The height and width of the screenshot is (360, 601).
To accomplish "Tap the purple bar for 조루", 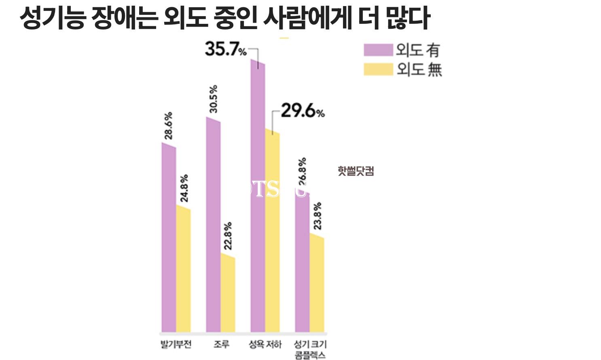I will (x=213, y=227).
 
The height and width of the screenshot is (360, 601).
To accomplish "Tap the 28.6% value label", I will (x=168, y=126).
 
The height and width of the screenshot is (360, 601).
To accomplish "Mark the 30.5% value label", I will (x=213, y=99).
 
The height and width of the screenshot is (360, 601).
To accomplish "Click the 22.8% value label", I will (x=228, y=235).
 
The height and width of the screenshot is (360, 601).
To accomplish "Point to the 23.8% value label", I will (x=317, y=216).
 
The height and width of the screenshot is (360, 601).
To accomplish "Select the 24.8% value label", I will (x=184, y=188).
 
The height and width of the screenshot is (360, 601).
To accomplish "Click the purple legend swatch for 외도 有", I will (x=378, y=50).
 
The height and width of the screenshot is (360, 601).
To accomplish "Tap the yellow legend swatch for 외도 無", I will (x=378, y=69).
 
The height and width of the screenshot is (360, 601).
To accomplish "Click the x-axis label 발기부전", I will (x=176, y=345).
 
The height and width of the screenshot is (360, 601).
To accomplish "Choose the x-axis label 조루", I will (x=221, y=345).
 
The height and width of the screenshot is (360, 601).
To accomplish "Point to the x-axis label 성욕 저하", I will (x=265, y=345).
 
